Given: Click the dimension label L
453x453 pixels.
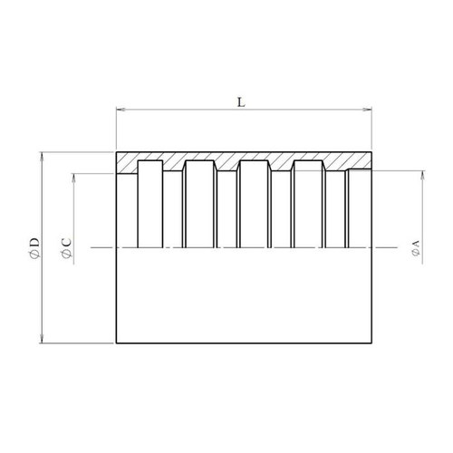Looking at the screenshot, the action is (241, 102).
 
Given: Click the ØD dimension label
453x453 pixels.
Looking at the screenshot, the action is (34, 248).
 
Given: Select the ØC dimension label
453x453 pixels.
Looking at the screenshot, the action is (66, 248).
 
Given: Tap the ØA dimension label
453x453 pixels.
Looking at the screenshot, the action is (416, 248).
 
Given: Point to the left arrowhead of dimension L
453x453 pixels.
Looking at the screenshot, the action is (120, 110).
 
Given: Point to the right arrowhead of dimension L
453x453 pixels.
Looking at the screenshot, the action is (367, 110).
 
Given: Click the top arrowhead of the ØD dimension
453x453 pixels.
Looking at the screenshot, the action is (42, 157).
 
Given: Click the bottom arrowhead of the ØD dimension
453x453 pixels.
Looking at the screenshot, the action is (42, 339).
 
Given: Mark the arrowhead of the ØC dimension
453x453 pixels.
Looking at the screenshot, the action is (73, 178).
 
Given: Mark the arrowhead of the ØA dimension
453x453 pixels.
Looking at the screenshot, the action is (423, 175).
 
